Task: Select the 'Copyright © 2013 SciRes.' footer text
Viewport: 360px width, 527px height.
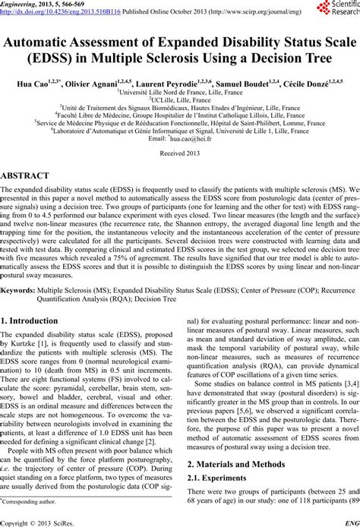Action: click(x=36, y=522)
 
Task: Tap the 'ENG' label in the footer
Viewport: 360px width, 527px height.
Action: click(x=352, y=522)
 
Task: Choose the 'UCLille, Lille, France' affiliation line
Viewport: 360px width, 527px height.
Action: click(x=180, y=99)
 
